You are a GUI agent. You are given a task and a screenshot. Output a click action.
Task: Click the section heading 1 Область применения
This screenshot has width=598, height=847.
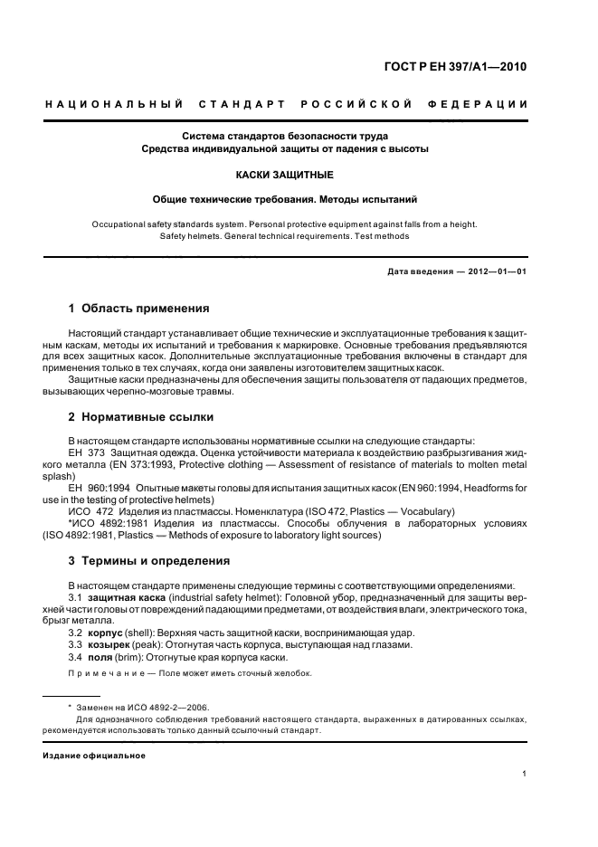(x=139, y=308)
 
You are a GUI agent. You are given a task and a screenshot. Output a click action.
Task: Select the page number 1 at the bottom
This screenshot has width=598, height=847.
(x=524, y=773)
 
